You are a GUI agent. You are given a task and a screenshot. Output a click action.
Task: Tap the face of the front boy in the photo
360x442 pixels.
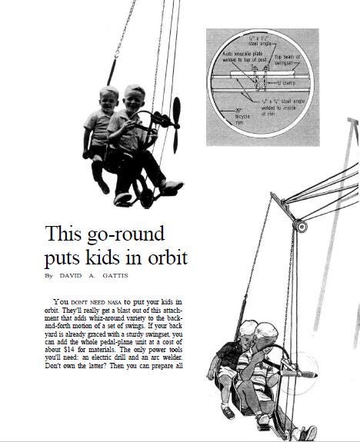134,100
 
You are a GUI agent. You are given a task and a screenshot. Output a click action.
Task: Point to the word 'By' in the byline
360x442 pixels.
49,274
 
